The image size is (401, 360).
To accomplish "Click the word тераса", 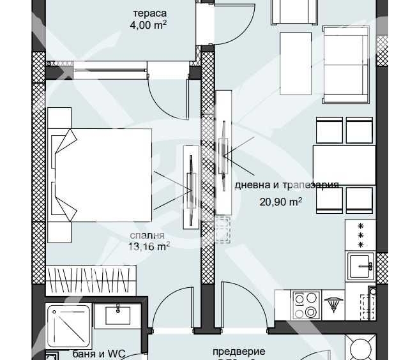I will (149, 13).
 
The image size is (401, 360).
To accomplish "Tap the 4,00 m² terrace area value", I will (149, 26).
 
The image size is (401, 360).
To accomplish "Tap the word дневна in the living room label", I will (251, 185).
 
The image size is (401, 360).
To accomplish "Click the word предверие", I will (239, 351).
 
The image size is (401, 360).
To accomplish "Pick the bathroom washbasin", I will (118, 315).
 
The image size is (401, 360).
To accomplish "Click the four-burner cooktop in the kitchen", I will (305, 304).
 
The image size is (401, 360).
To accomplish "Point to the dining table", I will (344, 166).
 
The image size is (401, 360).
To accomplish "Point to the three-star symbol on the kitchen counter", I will (360, 236).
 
